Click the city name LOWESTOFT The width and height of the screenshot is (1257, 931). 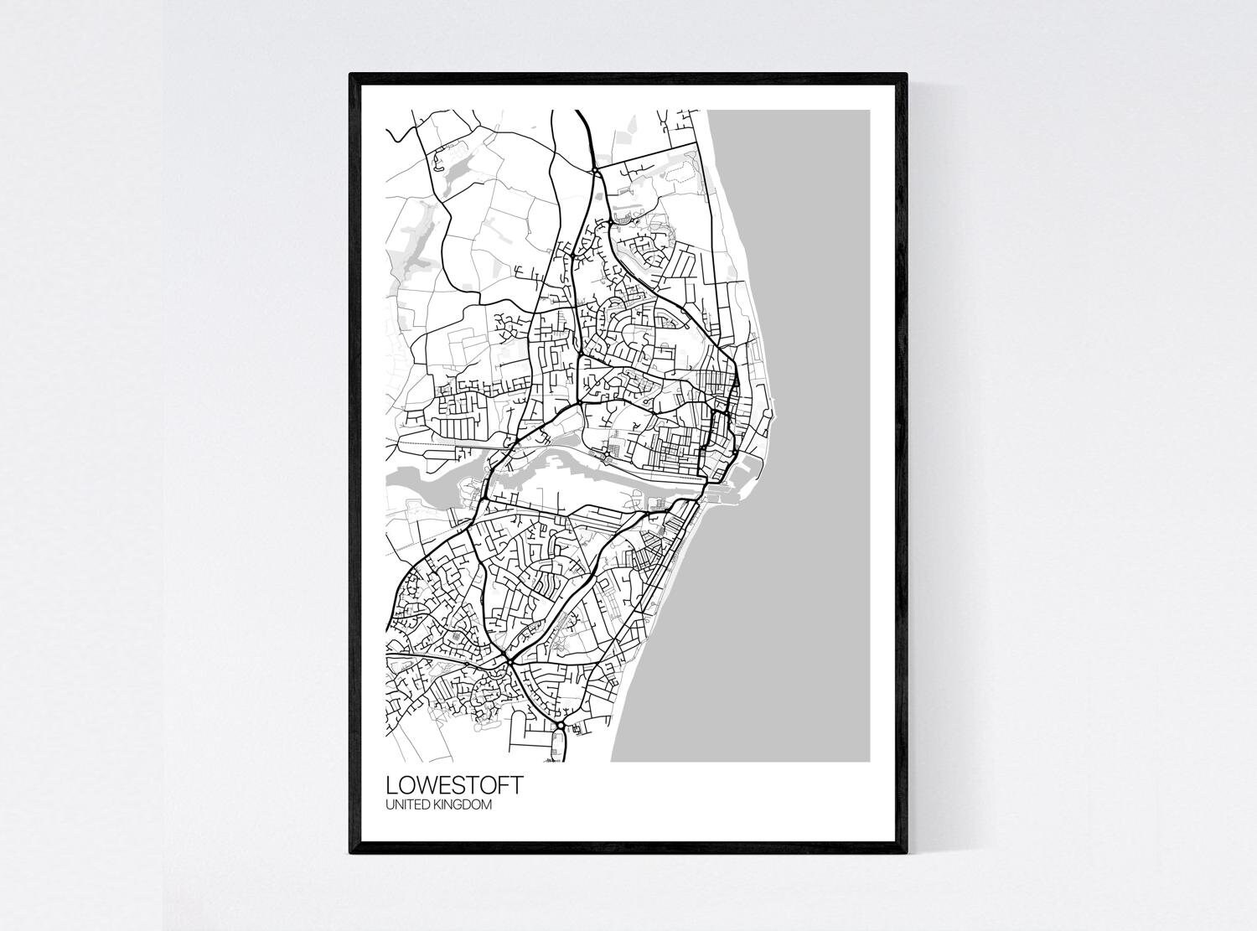tap(455, 786)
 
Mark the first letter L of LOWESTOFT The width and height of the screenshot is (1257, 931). tap(391, 786)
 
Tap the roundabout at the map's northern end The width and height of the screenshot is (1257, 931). tap(594, 171)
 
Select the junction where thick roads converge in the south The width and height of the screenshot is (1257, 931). tap(509, 662)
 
